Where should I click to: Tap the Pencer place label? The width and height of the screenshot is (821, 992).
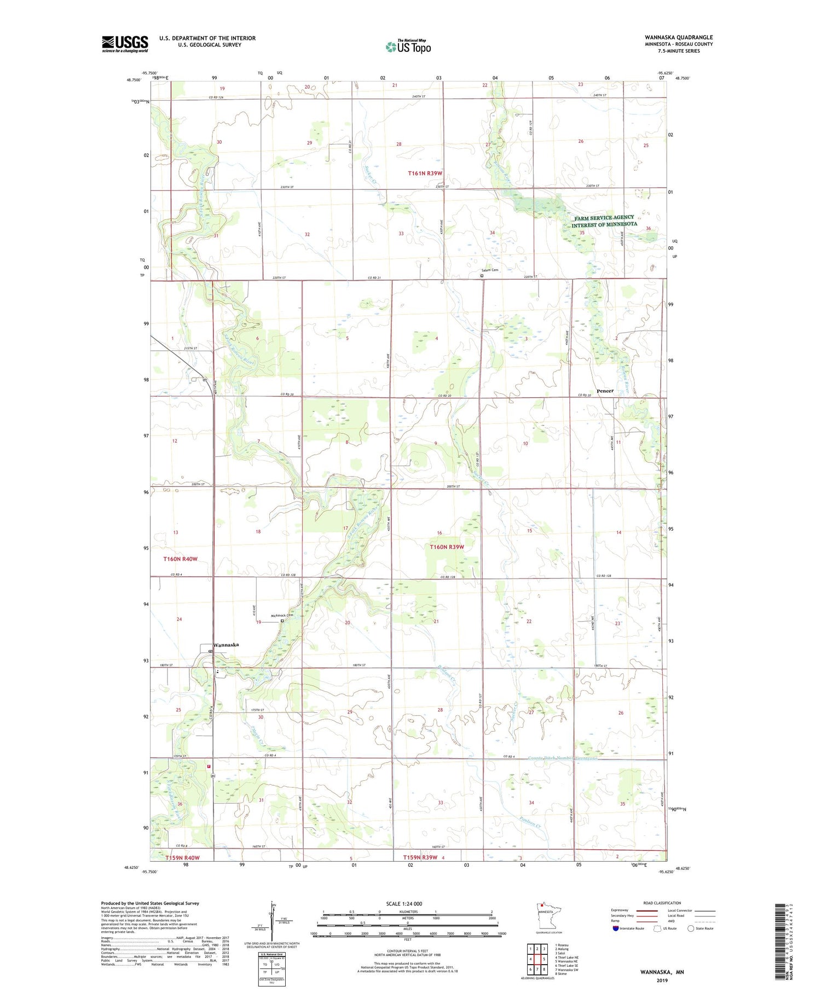605,391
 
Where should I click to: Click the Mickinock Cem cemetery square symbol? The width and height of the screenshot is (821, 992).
282,621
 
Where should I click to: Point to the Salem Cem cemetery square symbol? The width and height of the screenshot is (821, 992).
482,276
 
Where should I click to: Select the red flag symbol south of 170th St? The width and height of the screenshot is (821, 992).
209,767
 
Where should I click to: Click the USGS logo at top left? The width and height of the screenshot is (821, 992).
125,44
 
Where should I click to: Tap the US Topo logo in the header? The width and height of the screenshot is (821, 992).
408,47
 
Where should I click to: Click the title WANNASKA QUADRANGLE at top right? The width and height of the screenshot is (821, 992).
678,38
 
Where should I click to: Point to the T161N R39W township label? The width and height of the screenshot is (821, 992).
425,173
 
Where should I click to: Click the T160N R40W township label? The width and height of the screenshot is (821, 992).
180,559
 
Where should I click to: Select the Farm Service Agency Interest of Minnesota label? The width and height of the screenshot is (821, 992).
604,221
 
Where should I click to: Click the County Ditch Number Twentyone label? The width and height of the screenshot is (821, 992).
563,758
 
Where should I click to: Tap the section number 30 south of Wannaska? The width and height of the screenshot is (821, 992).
261,717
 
